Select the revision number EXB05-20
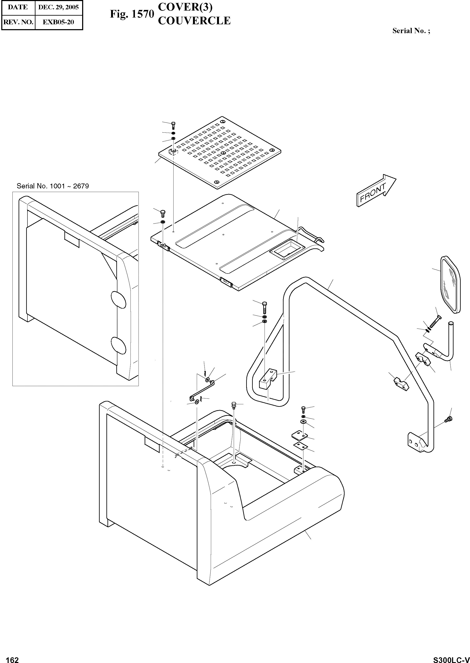coord(58,22)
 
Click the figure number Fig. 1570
coord(132,14)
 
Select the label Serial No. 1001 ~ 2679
coord(53,186)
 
